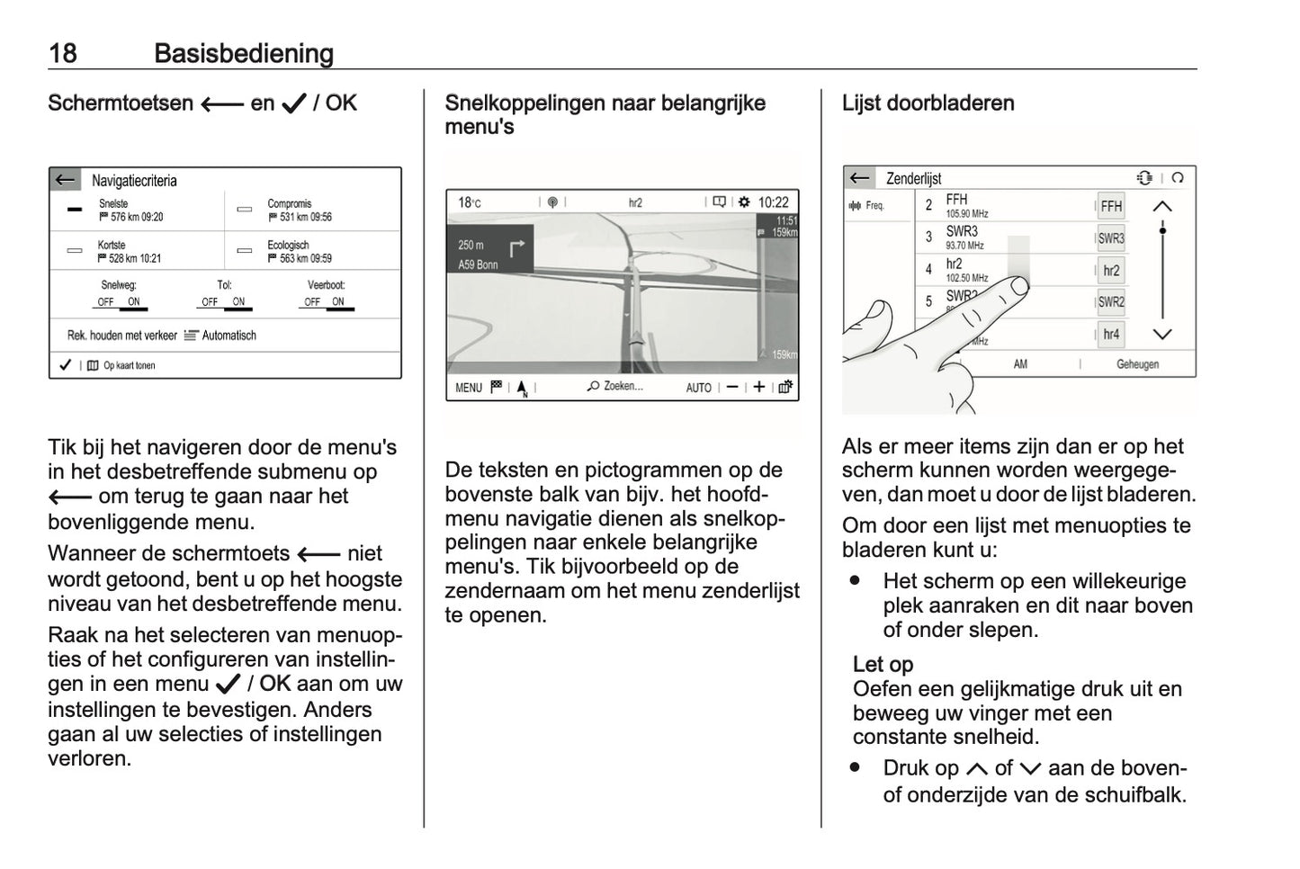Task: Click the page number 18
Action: [x=62, y=53]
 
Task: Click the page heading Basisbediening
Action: [x=244, y=53]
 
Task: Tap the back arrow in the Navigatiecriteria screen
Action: [x=65, y=180]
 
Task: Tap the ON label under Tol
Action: [x=238, y=302]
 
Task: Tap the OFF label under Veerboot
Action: [x=312, y=302]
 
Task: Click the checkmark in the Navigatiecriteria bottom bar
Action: [x=65, y=365]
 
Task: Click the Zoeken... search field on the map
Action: [x=615, y=387]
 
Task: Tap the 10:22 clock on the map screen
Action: [x=773, y=202]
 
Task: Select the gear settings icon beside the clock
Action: [x=744, y=202]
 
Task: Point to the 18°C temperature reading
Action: [x=469, y=202]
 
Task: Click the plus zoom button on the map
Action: [x=758, y=387]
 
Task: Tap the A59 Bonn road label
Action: [x=478, y=264]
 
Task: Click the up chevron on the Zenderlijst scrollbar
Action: [x=1162, y=207]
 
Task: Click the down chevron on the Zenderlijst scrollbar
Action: [x=1162, y=335]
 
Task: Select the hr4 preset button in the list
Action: [x=1111, y=335]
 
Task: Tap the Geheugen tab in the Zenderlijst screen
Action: [x=1137, y=364]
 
